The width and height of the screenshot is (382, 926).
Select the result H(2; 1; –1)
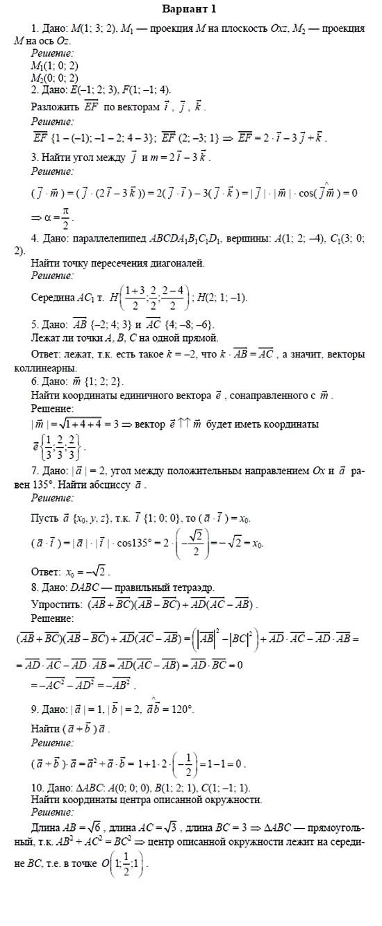click(222, 298)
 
